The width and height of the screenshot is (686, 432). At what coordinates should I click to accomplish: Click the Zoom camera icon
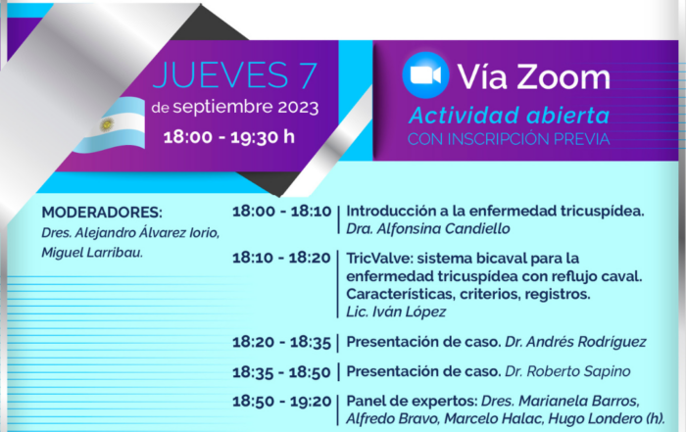click(425, 75)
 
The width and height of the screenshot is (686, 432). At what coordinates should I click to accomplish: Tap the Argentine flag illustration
click(110, 125)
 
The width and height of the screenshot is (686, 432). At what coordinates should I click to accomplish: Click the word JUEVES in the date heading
click(220, 75)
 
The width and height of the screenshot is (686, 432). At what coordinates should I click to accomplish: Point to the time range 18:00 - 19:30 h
click(228, 137)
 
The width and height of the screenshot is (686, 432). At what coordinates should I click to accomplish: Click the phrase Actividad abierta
click(509, 116)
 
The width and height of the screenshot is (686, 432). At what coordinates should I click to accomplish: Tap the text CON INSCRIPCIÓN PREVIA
click(509, 139)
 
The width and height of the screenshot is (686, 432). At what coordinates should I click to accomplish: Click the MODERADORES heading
click(102, 213)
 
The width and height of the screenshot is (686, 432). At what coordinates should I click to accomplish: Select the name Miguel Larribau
click(92, 253)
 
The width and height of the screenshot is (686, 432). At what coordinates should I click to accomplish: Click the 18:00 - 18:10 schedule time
click(282, 212)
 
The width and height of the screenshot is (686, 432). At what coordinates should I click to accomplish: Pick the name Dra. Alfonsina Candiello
click(428, 228)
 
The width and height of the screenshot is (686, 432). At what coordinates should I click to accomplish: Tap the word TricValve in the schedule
click(379, 259)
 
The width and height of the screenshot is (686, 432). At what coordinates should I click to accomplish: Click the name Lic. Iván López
click(396, 312)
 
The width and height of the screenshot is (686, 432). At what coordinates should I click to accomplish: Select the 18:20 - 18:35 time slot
click(281, 342)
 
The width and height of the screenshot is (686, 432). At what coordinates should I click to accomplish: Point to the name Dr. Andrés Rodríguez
click(575, 342)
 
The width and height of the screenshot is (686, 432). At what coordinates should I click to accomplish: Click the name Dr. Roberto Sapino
click(567, 371)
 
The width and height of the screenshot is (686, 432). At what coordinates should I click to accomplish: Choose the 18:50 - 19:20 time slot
click(282, 402)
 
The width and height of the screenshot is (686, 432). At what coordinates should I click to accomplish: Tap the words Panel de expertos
click(412, 401)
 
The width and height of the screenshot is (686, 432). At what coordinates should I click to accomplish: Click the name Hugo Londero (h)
click(607, 419)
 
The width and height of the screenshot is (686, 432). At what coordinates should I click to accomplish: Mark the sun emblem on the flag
click(107, 125)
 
